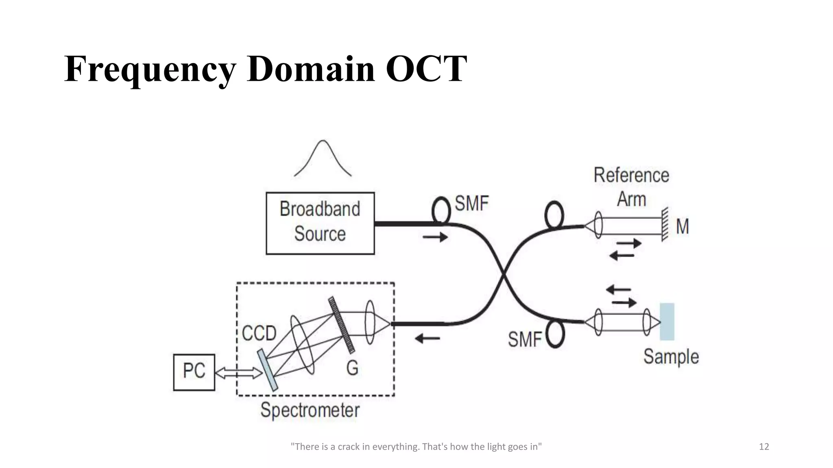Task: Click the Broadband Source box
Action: coord(320,223)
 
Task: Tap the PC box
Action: coord(194,372)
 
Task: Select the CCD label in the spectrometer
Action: coord(259,334)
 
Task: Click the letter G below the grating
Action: coord(352,368)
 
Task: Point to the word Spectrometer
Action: coord(310,409)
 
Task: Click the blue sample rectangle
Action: coord(667,321)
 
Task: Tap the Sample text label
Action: coord(671,357)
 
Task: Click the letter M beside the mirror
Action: coord(682,227)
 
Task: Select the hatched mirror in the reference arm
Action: coord(665,224)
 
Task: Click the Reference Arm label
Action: coord(631,187)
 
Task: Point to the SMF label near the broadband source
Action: coord(471,204)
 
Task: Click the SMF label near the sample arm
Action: coord(524,339)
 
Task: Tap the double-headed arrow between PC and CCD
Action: coord(239,373)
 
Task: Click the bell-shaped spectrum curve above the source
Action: coord(323,158)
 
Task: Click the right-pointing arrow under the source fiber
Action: coord(435,237)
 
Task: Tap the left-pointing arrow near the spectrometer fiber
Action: coord(427,338)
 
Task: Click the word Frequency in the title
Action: coord(150,69)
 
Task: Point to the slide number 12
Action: coord(764,447)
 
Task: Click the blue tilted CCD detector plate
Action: coord(268,370)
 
